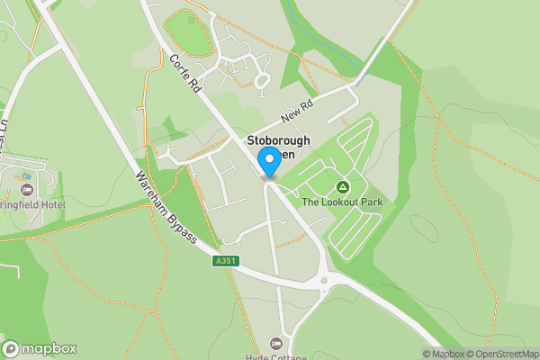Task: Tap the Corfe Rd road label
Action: pos(184,74)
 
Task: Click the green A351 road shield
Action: pos(226,261)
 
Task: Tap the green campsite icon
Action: pos(342,186)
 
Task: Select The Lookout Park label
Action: pos(342,202)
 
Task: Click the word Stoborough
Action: pos(280,140)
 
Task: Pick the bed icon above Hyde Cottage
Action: pos(275,344)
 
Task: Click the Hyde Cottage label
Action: pos(275,356)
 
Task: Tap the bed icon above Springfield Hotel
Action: pos(26,190)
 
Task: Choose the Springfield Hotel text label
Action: pos(32,205)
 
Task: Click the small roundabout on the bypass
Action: pos(324,281)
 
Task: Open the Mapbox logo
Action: pos(40,348)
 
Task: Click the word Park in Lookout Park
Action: pos(371,202)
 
